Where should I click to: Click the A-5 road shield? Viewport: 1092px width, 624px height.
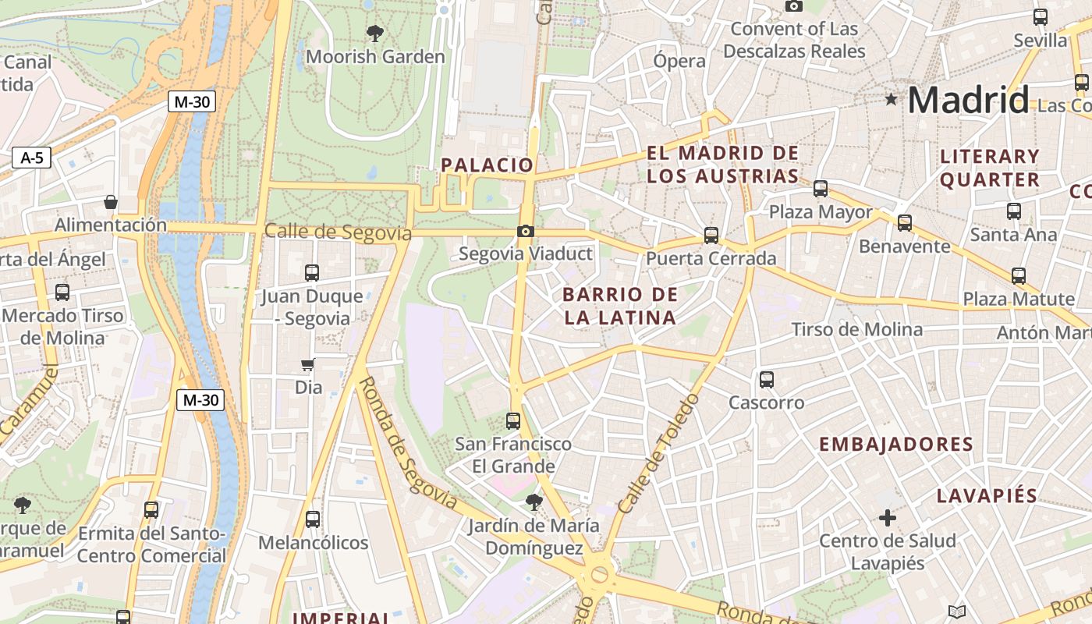(x=31, y=158)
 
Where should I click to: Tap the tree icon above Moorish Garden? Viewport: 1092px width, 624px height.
(x=375, y=33)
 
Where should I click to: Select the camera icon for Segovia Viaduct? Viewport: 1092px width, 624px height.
(x=526, y=231)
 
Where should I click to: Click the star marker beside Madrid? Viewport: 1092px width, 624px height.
(x=891, y=99)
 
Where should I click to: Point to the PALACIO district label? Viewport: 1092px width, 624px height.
(x=487, y=165)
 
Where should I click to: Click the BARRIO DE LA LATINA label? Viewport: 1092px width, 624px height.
(x=619, y=306)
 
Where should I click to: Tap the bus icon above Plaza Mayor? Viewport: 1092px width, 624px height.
(x=821, y=188)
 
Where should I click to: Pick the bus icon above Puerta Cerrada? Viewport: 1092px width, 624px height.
(x=711, y=235)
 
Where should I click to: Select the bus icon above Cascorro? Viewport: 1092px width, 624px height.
(x=767, y=380)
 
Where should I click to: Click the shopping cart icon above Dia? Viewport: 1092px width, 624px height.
(x=308, y=364)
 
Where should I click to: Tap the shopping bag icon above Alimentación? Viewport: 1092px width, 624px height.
(x=111, y=202)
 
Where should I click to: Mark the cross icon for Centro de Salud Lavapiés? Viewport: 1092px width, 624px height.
(x=888, y=518)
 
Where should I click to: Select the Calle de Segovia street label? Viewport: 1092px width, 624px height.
(x=338, y=232)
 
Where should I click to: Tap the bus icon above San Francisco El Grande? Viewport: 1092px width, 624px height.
(x=513, y=420)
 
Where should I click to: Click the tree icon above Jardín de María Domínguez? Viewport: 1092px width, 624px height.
(x=534, y=502)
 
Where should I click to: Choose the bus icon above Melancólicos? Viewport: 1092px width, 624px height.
(x=313, y=519)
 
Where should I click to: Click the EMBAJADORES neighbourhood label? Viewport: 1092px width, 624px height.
(x=896, y=445)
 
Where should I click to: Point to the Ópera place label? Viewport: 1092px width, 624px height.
(x=679, y=61)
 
